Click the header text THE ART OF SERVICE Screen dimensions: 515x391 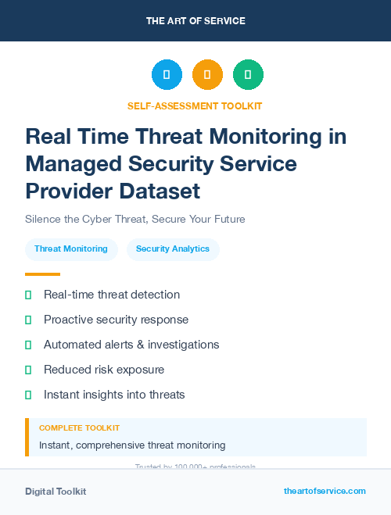(x=195, y=21)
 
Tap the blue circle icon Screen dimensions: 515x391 (x=167, y=75)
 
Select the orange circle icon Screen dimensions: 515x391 (x=207, y=75)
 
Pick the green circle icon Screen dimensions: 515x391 (x=248, y=75)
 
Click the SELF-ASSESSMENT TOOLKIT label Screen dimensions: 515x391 (x=195, y=106)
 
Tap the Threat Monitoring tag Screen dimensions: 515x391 (x=71, y=249)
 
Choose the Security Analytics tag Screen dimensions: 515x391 (x=173, y=249)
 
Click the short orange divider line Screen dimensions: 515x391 (x=42, y=274)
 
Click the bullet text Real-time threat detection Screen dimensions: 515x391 (x=112, y=295)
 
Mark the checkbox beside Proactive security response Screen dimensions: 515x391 (x=28, y=320)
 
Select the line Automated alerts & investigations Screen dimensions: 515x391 (x=131, y=345)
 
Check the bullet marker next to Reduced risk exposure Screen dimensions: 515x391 (x=28, y=370)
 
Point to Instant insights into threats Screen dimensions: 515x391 (x=114, y=395)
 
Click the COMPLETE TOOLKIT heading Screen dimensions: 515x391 (x=79, y=428)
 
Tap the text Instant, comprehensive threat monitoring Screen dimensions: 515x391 (x=132, y=445)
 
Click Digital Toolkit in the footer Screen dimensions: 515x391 (x=56, y=492)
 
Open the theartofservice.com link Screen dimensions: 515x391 (x=325, y=491)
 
